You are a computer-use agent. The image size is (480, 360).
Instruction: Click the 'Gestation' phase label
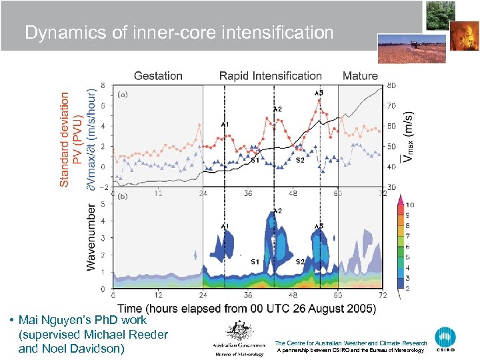coord(158,76)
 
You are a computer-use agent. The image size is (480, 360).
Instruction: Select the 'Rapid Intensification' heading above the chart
coord(270,76)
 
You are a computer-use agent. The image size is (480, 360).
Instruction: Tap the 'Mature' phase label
coord(360,76)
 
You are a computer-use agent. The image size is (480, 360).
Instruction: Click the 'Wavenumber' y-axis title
coord(91,237)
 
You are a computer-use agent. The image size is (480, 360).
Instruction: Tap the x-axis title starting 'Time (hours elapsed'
coord(247,308)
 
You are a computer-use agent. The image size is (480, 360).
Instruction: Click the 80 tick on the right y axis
coord(391,85)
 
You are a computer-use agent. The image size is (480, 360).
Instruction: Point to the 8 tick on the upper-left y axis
coord(102,85)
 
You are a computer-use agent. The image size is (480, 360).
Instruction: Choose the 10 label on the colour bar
coord(409,205)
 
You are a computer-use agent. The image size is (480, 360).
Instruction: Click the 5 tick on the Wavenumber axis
coord(102,204)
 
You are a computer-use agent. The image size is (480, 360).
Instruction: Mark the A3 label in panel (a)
coord(319,93)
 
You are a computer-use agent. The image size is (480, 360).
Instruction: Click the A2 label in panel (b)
coord(277,211)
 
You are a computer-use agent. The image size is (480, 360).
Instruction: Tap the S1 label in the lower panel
coord(255,261)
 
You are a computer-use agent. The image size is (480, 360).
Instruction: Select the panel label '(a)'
coord(123,95)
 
